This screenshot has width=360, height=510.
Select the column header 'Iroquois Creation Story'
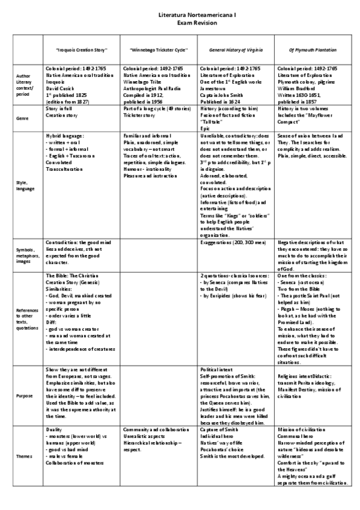coord(73,50)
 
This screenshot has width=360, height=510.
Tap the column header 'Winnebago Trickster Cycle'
coord(150,50)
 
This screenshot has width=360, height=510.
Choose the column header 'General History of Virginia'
coord(229,50)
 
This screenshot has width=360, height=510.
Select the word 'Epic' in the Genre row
coord(204,126)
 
